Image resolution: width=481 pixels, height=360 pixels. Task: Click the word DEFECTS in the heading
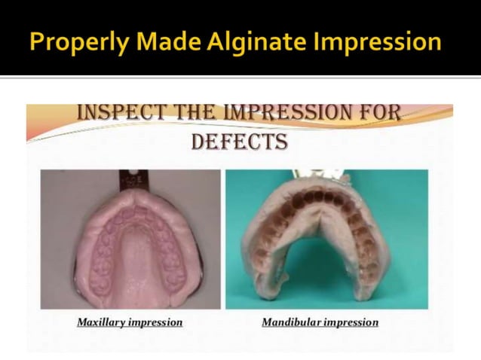click(239, 142)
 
